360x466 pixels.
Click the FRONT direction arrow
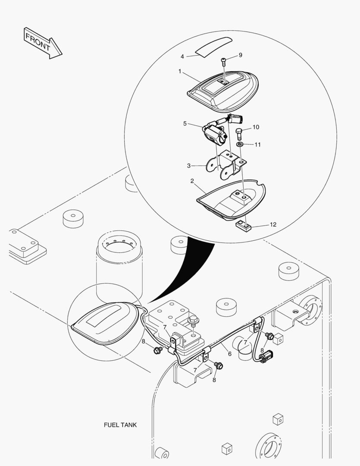click(43, 44)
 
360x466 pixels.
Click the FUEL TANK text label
click(120, 425)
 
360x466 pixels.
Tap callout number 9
click(240, 55)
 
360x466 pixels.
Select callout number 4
click(182, 57)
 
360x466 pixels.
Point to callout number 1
click(180, 71)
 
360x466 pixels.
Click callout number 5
click(185, 123)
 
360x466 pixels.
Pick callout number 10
click(256, 127)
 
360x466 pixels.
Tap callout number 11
click(257, 145)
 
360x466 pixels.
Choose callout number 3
click(188, 166)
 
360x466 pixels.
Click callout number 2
click(192, 181)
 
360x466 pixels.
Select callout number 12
click(273, 224)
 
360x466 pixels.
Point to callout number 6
click(230, 354)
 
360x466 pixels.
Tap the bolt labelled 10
click(239, 134)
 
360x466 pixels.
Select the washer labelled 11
click(240, 145)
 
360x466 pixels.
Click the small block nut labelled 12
click(244, 227)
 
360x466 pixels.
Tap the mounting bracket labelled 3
click(226, 164)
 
